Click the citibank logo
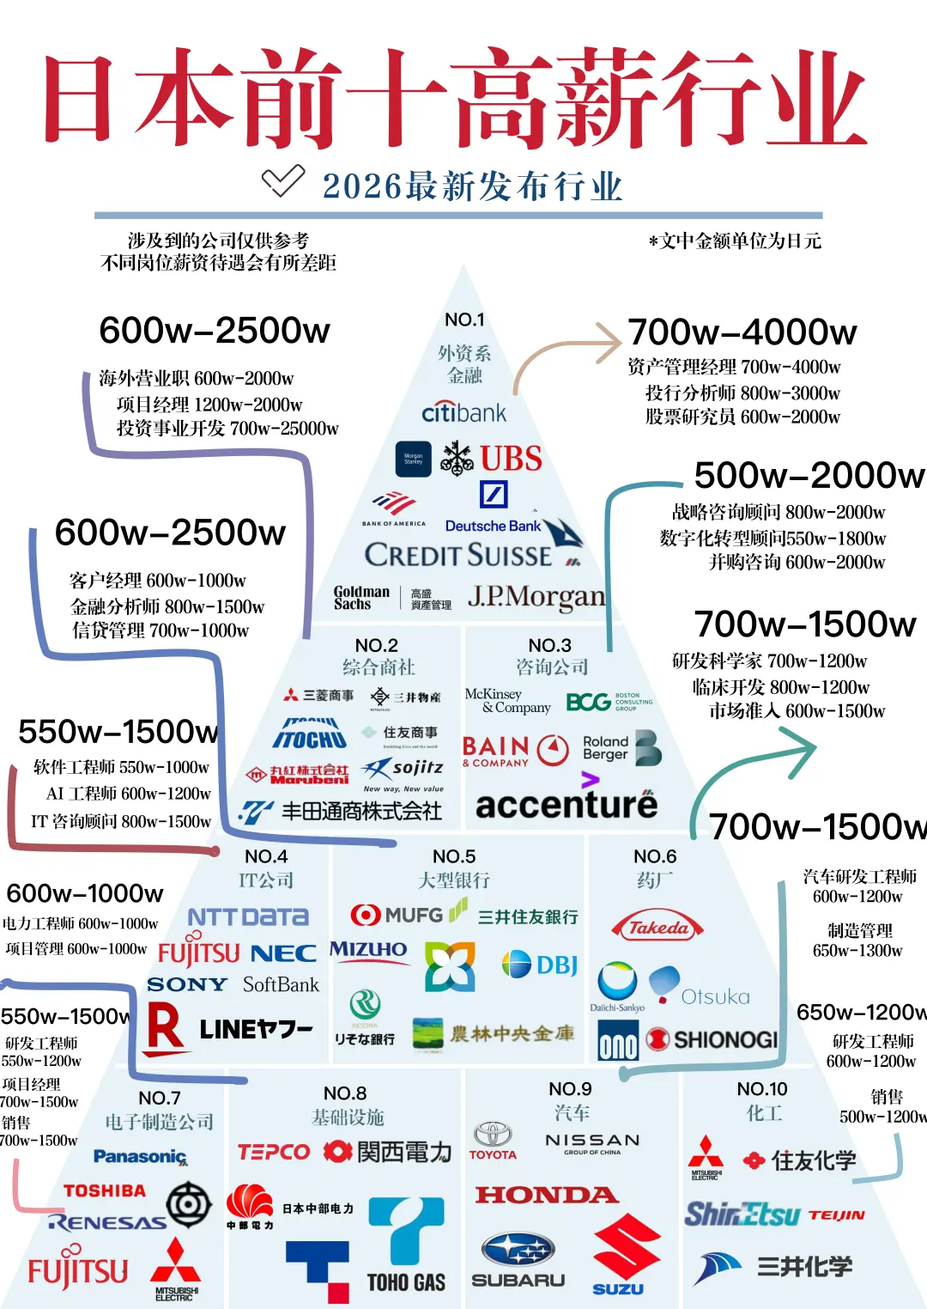(x=463, y=412)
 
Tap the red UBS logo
(x=511, y=459)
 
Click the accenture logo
(x=566, y=804)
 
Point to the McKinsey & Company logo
(x=506, y=701)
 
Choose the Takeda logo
(x=657, y=928)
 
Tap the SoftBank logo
(x=281, y=984)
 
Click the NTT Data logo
(x=248, y=917)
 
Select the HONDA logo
(x=547, y=1195)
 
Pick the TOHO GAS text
(x=406, y=1282)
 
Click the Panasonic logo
(x=140, y=1157)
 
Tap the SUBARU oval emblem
(x=518, y=1251)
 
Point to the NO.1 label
(x=464, y=320)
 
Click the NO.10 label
(x=762, y=1089)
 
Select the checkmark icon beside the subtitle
(x=282, y=180)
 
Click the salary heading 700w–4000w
(x=742, y=332)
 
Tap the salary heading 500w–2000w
(x=809, y=475)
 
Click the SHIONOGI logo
(x=712, y=1039)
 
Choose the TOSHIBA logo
(x=105, y=1190)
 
